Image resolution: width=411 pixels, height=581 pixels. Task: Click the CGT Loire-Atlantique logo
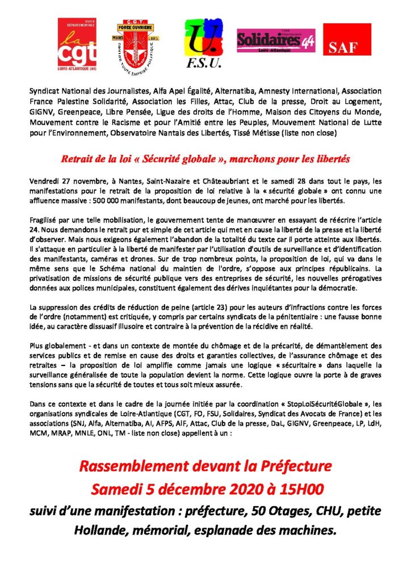pos(77,43)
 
